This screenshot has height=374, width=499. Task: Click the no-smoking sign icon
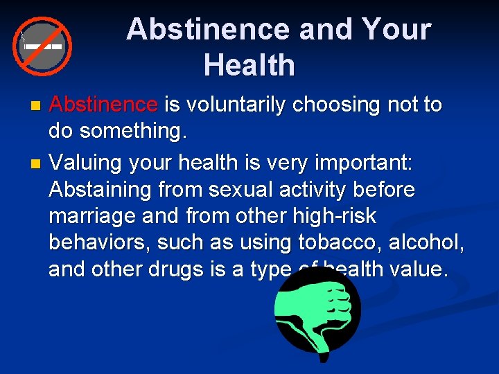coord(42,45)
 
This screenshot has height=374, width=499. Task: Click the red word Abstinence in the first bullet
coord(104,105)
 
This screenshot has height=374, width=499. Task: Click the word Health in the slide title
coord(249,66)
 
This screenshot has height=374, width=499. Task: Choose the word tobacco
coord(347,242)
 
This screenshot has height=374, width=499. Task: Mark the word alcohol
coord(432,242)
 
